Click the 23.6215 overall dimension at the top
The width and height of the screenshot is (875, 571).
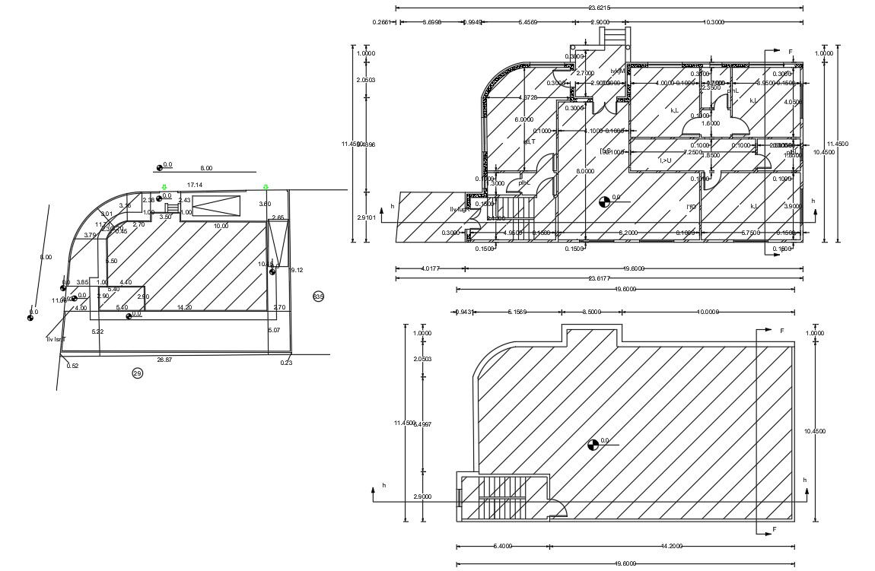[599, 8]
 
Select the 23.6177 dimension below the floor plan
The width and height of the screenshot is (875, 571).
[599, 278]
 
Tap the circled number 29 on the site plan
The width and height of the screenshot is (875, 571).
[138, 373]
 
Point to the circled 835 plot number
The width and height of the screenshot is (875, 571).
[318, 296]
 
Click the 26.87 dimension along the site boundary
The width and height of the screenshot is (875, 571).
[164, 359]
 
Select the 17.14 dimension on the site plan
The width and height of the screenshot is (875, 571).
[194, 185]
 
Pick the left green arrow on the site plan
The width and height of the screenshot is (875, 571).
[164, 187]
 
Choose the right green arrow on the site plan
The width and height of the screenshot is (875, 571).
[266, 187]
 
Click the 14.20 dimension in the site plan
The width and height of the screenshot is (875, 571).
[183, 307]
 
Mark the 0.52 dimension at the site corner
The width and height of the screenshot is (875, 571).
[72, 366]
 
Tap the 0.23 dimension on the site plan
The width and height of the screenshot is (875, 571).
[286, 363]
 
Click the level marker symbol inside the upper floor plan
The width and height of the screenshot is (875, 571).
[604, 201]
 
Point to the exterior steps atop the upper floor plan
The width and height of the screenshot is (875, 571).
[614, 36]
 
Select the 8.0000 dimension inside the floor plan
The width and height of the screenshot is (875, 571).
[585, 171]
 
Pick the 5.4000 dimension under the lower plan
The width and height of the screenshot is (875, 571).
[503, 546]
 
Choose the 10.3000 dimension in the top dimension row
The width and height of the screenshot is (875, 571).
[714, 22]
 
